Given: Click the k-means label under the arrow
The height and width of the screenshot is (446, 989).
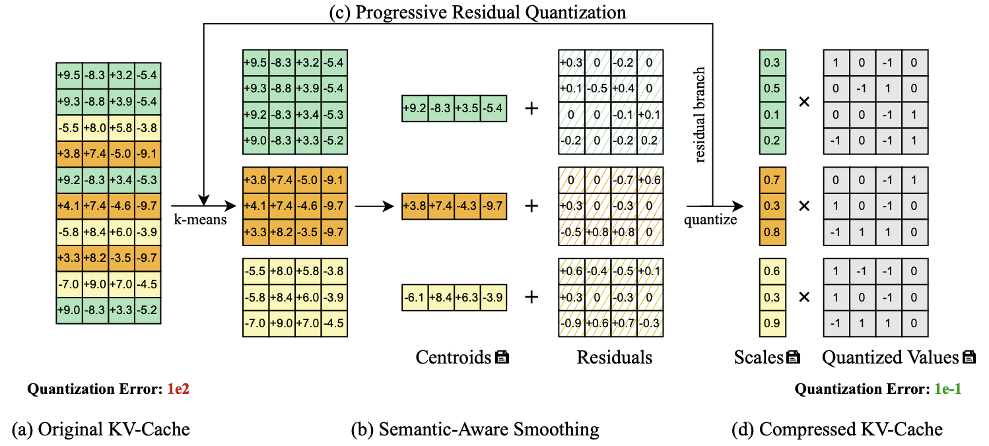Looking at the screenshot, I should click(x=200, y=220).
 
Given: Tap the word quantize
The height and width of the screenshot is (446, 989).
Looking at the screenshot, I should click(x=710, y=220).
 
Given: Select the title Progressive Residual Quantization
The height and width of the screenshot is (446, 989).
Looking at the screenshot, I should click(x=477, y=11).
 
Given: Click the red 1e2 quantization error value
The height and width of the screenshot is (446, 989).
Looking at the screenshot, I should click(x=178, y=389).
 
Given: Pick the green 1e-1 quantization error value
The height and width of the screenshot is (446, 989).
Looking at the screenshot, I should click(x=947, y=389).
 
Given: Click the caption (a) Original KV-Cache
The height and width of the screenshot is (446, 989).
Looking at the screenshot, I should click(x=100, y=430).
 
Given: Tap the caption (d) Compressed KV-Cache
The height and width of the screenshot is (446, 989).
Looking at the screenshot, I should click(x=837, y=430).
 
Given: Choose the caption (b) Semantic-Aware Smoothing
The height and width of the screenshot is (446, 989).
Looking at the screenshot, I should click(x=475, y=430).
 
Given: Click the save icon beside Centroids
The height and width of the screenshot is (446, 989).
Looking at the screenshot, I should click(x=502, y=358).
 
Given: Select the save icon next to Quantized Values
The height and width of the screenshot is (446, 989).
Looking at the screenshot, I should click(x=969, y=358).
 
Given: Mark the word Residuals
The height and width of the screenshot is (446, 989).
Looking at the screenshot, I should click(x=614, y=358).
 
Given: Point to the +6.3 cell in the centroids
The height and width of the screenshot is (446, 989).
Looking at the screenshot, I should click(x=467, y=297).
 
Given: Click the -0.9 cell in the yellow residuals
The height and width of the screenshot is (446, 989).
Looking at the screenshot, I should click(x=571, y=323).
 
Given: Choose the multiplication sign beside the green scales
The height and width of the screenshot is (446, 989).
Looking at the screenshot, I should click(x=804, y=102).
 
